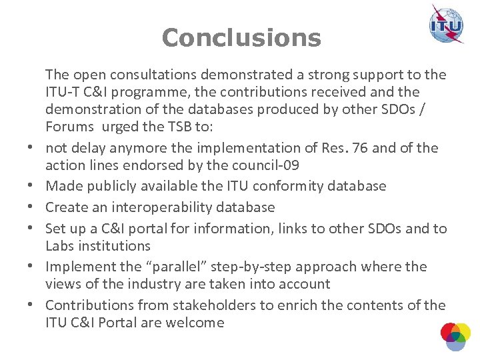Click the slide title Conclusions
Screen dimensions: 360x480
[x=241, y=37]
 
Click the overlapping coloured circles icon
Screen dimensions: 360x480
[x=456, y=336]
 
